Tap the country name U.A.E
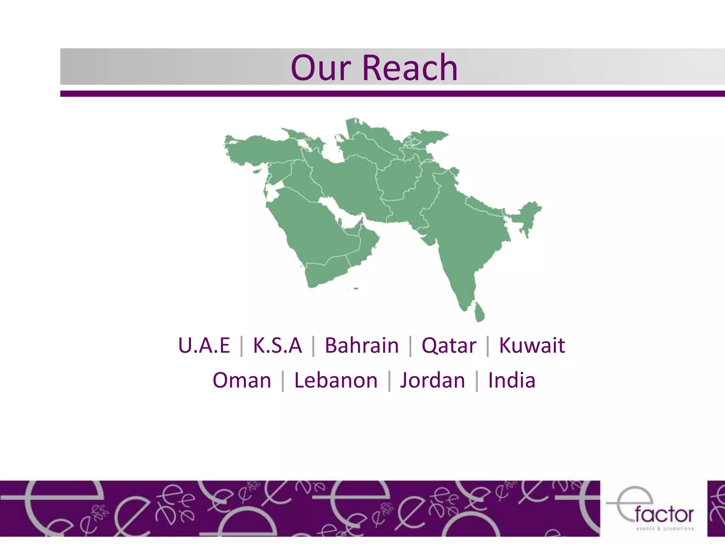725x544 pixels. tap(204, 345)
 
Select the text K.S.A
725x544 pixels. tap(277, 345)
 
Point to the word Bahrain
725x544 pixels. tap(361, 345)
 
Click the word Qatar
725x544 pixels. tap(449, 346)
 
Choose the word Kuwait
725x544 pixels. tap(532, 345)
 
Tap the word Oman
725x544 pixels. tap(242, 380)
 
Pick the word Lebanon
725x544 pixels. tap(336, 380)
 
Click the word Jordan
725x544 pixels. tap(432, 380)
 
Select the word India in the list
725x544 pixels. tap(511, 380)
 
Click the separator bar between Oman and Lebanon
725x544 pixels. tap(282, 381)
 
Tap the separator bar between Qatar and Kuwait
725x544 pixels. tap(487, 346)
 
